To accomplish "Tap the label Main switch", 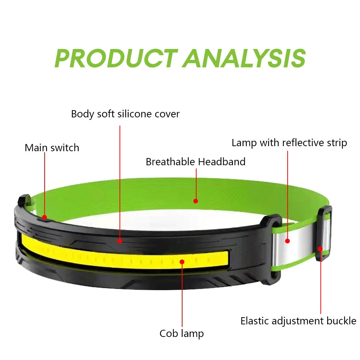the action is [52, 148].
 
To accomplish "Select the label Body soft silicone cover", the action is [125, 114].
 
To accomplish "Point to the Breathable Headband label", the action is [195, 162].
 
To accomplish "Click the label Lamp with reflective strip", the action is [289, 143].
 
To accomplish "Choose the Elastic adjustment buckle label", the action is [298, 321].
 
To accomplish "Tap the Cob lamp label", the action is [181, 333].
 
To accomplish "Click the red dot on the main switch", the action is [44, 217].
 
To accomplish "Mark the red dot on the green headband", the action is [196, 201].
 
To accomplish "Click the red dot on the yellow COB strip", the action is [182, 262].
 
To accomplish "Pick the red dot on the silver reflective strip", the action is [288, 241].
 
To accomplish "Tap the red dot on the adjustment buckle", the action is [320, 248].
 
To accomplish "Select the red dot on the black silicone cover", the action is [120, 240].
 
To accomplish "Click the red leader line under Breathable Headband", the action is [196, 184].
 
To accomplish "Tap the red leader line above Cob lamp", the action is [182, 295].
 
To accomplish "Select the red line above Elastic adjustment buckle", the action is [320, 284].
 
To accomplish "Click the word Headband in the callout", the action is [222, 162].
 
